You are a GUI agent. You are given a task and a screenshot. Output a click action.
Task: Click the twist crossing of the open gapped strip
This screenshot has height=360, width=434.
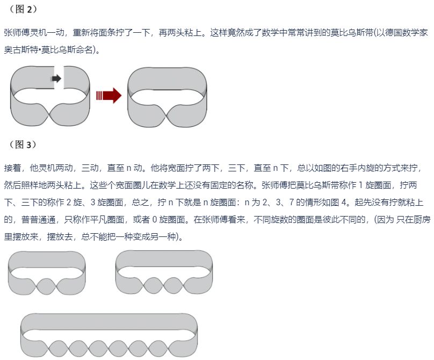[50, 114]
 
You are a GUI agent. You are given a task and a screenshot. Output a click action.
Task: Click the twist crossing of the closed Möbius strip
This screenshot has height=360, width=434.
[168, 114]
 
